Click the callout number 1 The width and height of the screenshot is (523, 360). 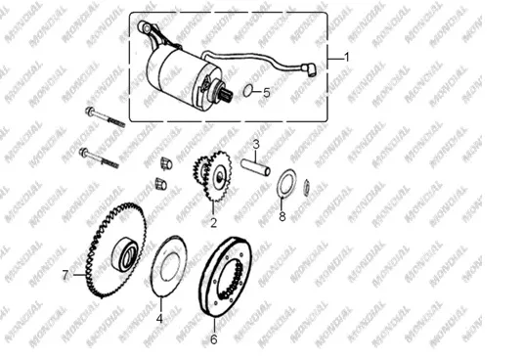coord(347,58)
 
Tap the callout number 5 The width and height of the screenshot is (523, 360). coord(266,93)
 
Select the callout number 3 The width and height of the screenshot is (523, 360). coord(256,145)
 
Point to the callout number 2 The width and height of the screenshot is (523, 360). coord(213,222)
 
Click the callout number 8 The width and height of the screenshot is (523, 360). coord(283,216)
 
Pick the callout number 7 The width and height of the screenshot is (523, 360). coord(65,275)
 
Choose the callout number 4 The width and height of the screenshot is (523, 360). coord(159,319)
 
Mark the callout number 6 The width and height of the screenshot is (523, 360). coord(213,339)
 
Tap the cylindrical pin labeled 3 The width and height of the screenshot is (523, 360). coord(255,167)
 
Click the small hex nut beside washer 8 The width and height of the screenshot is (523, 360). coord(307,188)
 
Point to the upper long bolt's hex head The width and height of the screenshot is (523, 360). coord(89,112)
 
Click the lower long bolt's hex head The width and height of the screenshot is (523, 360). coord(83,153)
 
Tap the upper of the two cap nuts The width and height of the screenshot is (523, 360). coord(166,163)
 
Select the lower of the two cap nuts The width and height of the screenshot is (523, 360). coord(160,184)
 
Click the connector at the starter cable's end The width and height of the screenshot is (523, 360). coord(309,69)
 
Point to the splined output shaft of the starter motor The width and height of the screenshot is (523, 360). coord(227,96)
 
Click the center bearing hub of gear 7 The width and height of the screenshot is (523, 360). coord(126,253)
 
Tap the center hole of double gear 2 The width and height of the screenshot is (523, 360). coord(220,177)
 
